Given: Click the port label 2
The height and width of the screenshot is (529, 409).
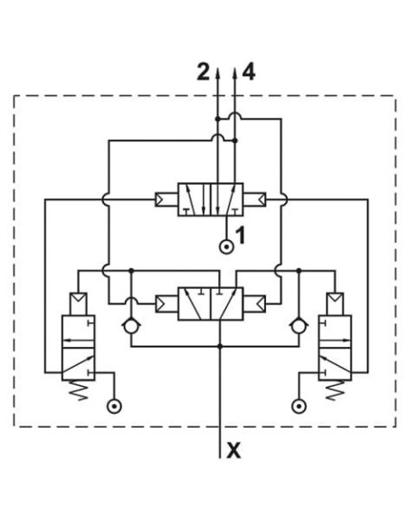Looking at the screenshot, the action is click(204, 72).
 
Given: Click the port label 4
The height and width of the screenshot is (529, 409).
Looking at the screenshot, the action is click(249, 72).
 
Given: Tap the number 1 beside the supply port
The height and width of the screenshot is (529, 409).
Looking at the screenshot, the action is click(240, 236).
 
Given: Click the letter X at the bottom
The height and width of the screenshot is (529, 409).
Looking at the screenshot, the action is click(233, 450).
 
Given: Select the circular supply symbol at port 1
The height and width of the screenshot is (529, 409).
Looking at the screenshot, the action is click(227, 247).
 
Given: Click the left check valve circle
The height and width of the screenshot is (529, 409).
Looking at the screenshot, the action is click(131, 327).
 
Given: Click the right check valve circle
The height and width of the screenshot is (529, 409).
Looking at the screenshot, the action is click(299, 327).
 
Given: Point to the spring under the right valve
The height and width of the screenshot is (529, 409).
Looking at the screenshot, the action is click(335, 390).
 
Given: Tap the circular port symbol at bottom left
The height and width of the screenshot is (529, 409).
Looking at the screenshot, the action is click(114, 406).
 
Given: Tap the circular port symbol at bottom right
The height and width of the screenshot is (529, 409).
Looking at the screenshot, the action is click(299, 406).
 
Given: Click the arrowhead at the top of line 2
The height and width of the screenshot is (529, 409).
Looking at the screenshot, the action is click(218, 73).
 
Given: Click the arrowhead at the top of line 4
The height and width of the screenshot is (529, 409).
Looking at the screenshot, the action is click(235, 73).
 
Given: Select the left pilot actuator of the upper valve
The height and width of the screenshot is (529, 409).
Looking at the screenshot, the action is click(166, 199).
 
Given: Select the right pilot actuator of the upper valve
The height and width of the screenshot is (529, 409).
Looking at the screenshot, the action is click(254, 199).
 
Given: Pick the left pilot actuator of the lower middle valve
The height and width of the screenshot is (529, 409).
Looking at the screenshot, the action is click(166, 303).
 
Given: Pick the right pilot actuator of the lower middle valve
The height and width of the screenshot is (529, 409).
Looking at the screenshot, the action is click(254, 303).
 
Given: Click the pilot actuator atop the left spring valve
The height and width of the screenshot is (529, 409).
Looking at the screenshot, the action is click(78, 304).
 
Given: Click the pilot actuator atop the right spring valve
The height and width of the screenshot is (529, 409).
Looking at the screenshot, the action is click(335, 304).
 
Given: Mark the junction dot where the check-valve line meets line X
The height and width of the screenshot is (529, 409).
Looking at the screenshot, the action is click(220, 346).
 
